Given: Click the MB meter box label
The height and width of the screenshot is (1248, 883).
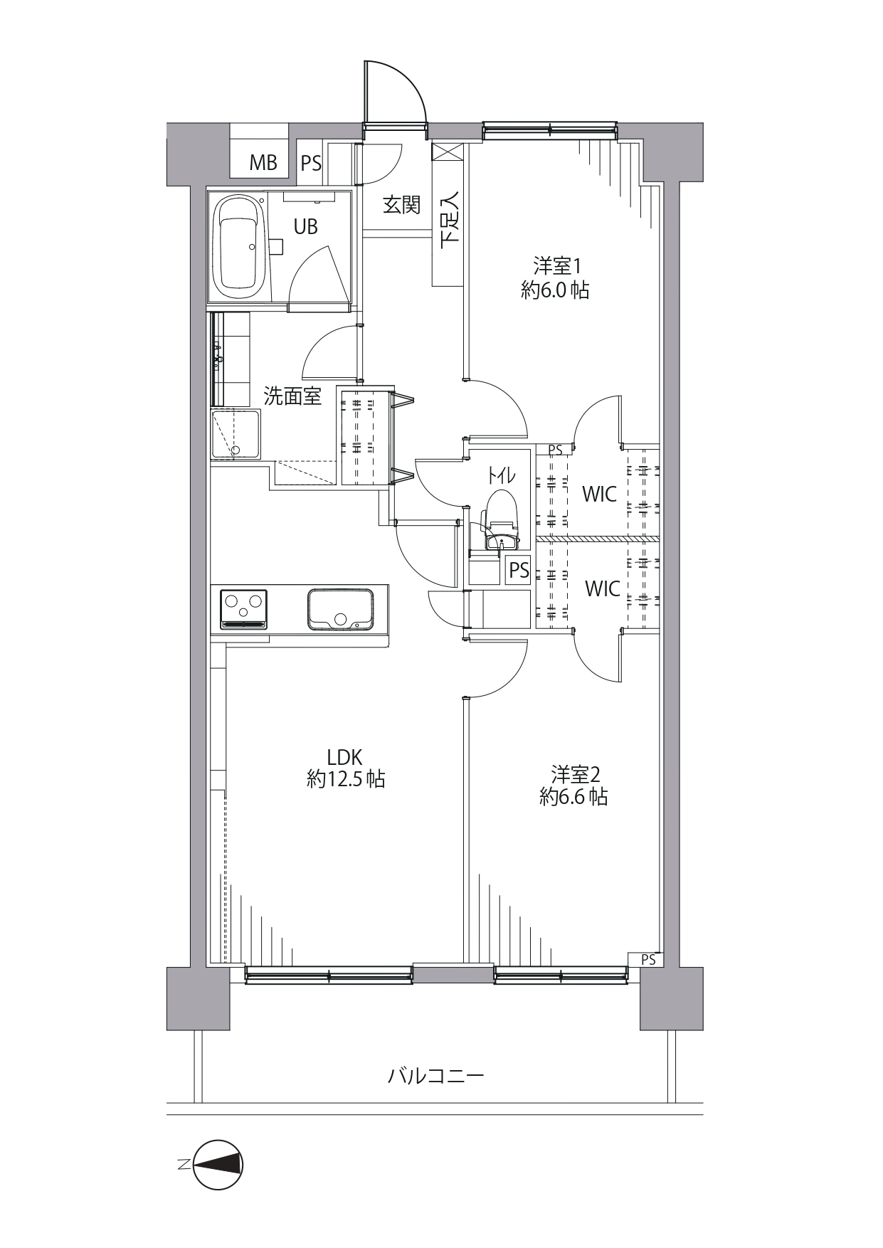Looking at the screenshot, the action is pyautogui.click(x=263, y=163).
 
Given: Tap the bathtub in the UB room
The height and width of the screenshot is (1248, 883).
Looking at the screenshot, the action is pyautogui.click(x=240, y=248).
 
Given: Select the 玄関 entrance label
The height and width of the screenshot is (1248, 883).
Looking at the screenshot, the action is pyautogui.click(x=401, y=205).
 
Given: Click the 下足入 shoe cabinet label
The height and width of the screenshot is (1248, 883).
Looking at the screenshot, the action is pyautogui.click(x=450, y=219).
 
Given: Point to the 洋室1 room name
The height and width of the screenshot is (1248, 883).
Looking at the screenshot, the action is pyautogui.click(x=559, y=266).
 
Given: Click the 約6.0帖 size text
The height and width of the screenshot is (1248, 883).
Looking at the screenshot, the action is pyautogui.click(x=555, y=290).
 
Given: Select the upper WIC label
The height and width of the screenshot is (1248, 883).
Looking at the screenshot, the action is pyautogui.click(x=599, y=494).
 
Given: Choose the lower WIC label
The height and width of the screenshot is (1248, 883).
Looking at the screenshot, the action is pyautogui.click(x=602, y=589).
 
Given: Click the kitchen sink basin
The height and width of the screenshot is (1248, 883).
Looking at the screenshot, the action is pyautogui.click(x=340, y=608).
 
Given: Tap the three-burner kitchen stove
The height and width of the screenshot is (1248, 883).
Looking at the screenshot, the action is pyautogui.click(x=243, y=609).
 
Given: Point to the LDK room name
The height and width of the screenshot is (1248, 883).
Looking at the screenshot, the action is pyautogui.click(x=345, y=756).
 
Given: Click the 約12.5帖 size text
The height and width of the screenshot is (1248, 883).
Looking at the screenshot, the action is pyautogui.click(x=346, y=780).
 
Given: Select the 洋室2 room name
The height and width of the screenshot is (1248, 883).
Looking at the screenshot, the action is pyautogui.click(x=576, y=773).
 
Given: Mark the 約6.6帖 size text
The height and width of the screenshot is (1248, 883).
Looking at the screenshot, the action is pyautogui.click(x=573, y=798).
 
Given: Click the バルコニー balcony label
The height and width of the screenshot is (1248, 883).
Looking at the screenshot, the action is pyautogui.click(x=435, y=1075).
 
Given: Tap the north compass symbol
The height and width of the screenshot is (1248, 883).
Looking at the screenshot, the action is pyautogui.click(x=218, y=1165).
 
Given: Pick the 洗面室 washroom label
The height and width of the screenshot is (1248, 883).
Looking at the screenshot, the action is pyautogui.click(x=292, y=396).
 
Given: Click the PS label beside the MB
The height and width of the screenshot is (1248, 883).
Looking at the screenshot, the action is pyautogui.click(x=311, y=164).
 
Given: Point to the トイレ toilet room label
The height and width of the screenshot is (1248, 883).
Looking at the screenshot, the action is pyautogui.click(x=501, y=474).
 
